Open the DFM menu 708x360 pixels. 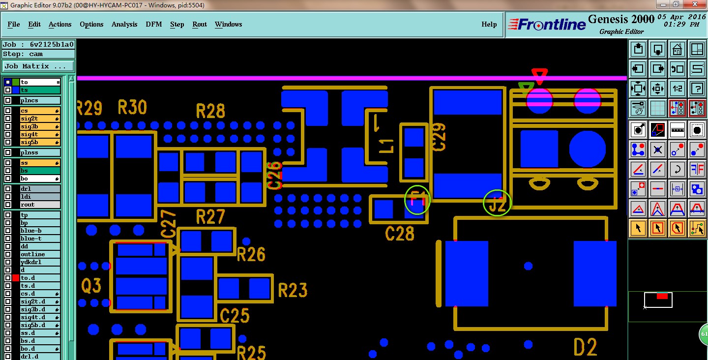[153, 24]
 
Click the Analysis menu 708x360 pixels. [124, 24]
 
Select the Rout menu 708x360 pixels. [200, 24]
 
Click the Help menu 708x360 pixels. [489, 24]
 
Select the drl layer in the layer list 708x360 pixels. [39, 189]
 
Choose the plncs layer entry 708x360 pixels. [39, 100]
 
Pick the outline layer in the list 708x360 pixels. [39, 254]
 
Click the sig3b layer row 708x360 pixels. [39, 126]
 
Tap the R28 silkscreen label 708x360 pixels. [210, 111]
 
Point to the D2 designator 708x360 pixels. [585, 347]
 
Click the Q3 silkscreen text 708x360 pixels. [91, 285]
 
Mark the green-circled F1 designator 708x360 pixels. [417, 200]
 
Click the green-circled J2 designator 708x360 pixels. [498, 203]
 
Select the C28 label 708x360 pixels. [400, 234]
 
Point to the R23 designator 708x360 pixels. [293, 290]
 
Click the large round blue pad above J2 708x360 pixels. [587, 150]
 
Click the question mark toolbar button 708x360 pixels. [697, 89]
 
